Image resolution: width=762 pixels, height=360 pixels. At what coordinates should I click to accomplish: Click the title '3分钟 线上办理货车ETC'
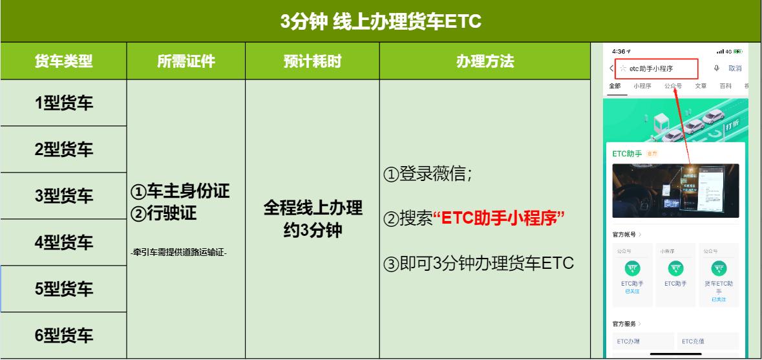pyautogui.click(x=381, y=21)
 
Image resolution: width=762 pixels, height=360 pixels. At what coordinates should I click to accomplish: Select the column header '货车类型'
pyautogui.click(x=63, y=61)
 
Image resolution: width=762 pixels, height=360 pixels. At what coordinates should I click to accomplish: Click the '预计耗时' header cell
pyautogui.click(x=312, y=61)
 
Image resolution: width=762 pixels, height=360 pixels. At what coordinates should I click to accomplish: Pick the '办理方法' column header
pyautogui.click(x=485, y=61)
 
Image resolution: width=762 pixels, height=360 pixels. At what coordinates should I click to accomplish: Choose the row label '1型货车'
pyautogui.click(x=63, y=103)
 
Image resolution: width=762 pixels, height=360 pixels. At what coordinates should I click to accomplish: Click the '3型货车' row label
pyautogui.click(x=63, y=196)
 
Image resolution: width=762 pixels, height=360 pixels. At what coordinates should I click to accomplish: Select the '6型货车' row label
pyautogui.click(x=63, y=335)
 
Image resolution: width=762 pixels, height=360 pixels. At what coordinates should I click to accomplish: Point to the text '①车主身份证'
pyautogui.click(x=180, y=191)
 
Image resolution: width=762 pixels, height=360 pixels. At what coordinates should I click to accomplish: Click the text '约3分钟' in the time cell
pyautogui.click(x=312, y=229)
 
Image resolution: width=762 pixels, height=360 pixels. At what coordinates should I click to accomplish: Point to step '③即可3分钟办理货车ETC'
pyautogui.click(x=479, y=264)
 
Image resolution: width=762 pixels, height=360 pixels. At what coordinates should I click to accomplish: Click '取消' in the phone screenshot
pyautogui.click(x=735, y=68)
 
